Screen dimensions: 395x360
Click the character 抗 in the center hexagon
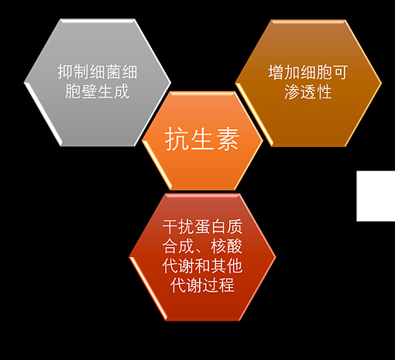pyautogui.click(x=177, y=139)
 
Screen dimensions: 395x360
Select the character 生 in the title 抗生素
pyautogui.click(x=202, y=139)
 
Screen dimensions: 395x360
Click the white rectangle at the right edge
pyautogui.click(x=376, y=196)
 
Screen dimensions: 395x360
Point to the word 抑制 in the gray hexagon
pyautogui.click(x=73, y=72)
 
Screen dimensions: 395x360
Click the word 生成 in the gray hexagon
pyautogui.click(x=113, y=91)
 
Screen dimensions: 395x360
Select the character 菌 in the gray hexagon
pyautogui.click(x=113, y=72)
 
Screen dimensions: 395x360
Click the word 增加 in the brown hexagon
pyautogui.click(x=283, y=72)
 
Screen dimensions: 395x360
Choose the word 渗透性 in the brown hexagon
pyautogui.click(x=308, y=91)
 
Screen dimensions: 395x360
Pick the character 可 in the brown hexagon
pyautogui.click(x=340, y=72)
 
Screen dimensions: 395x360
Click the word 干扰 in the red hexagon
pyautogui.click(x=178, y=227)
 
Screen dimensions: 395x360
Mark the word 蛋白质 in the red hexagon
pyautogui.click(x=218, y=227)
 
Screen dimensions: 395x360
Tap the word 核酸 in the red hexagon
pyautogui.click(x=227, y=246)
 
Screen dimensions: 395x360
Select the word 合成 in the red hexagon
pyautogui.click(x=178, y=246)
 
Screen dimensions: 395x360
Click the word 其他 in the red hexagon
pyautogui.click(x=227, y=266)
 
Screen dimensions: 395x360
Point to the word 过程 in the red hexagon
pyautogui.click(x=218, y=286)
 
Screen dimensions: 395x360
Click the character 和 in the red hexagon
pyautogui.click(x=202, y=266)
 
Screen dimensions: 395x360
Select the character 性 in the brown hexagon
pyautogui.click(x=325, y=91)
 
